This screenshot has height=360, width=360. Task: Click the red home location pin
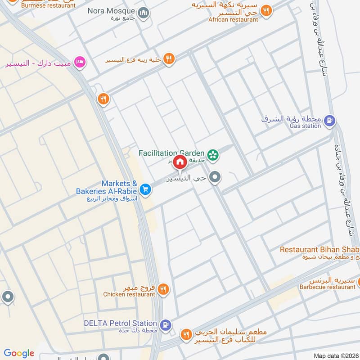pyautogui.click(x=180, y=161)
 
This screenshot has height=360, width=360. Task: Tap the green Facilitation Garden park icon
pyautogui.click(x=213, y=154)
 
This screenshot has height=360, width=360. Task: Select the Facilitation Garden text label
pyautogui.click(x=172, y=153)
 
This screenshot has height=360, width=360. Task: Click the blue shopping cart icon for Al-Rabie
pyautogui.click(x=145, y=189)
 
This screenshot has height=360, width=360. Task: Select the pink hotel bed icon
pyautogui.click(x=80, y=62)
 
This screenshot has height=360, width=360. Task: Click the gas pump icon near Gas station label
pyautogui.click(x=329, y=120)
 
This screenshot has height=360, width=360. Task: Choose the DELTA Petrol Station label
pyautogui.click(x=120, y=323)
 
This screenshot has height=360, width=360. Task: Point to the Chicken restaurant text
pyautogui.click(x=129, y=294)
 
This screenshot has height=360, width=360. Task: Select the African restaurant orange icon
pyautogui.click(x=266, y=11)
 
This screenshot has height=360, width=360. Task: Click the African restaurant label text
pyautogui.click(x=233, y=19)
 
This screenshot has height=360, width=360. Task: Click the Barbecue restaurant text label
pyautogui.click(x=328, y=287)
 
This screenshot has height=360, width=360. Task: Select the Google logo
pyautogui.click(x=19, y=353)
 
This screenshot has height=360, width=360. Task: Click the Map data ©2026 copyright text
pyautogui.click(x=335, y=355)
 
